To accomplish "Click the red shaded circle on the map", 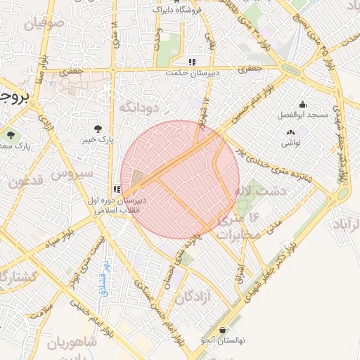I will [180, 179].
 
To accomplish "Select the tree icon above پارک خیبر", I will [98, 128].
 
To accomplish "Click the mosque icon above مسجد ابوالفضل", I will [302, 104].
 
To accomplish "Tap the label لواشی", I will [291, 143].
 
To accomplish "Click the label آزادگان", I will [193, 297].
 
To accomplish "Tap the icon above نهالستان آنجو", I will [223, 330].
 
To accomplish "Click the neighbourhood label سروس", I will [72, 172].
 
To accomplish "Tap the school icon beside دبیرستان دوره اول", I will [117, 188].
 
